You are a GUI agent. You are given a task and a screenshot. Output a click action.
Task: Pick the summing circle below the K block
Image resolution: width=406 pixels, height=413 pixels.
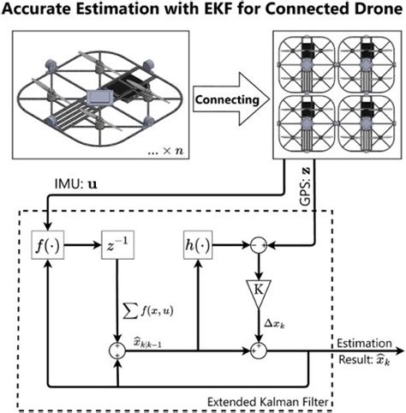254,350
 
